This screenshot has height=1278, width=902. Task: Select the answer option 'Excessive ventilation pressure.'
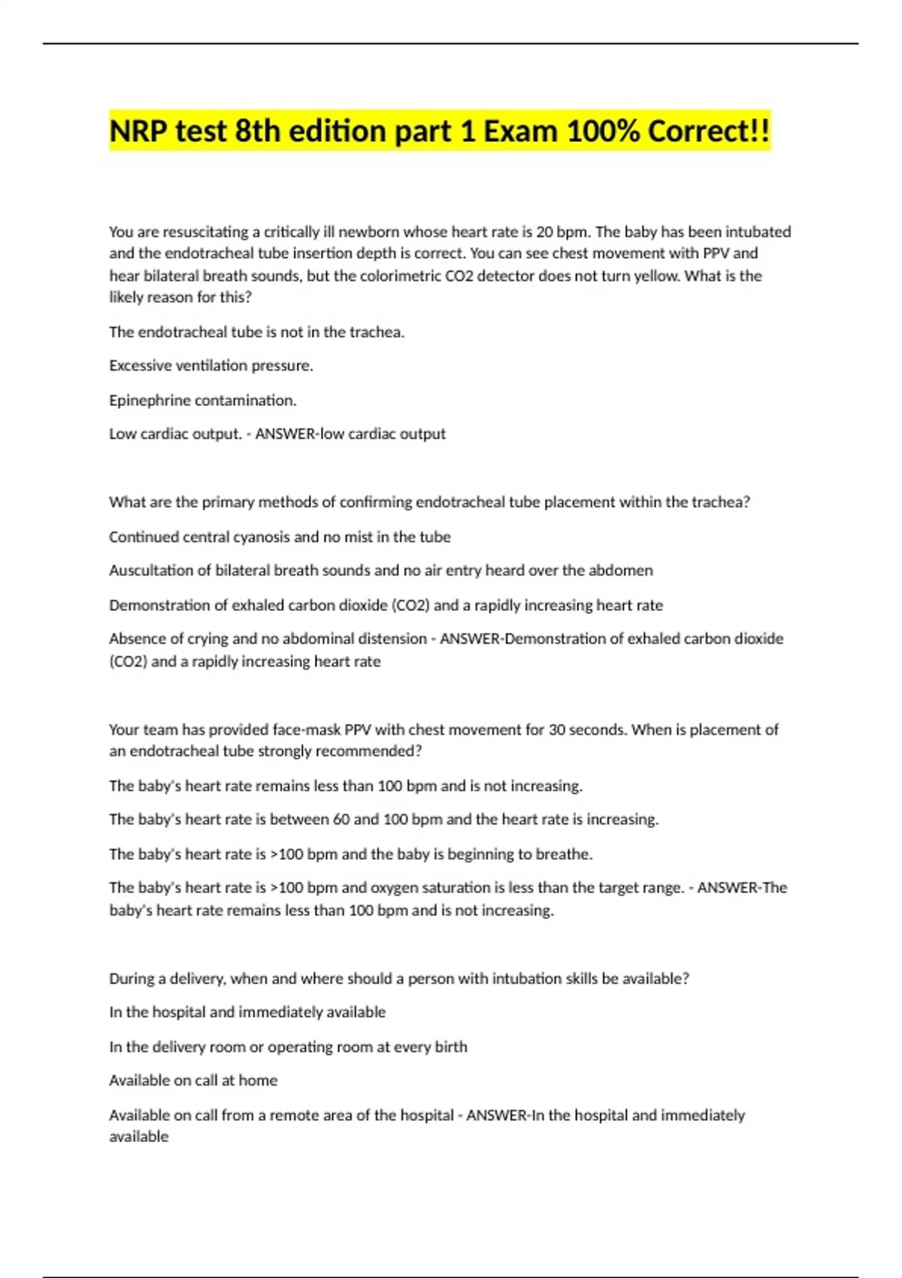(211, 365)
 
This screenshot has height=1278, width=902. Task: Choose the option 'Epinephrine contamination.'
(203, 400)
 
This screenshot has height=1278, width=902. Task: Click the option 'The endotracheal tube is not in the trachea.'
(257, 332)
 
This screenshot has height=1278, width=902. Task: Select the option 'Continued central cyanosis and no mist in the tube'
(280, 537)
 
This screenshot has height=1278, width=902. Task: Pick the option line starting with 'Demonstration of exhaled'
(386, 605)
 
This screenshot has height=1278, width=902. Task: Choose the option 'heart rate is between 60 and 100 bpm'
(383, 819)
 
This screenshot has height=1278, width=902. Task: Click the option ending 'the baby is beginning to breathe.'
(350, 854)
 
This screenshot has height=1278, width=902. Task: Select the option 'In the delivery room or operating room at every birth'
(288, 1046)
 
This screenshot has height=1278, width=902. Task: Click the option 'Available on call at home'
(193, 1080)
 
